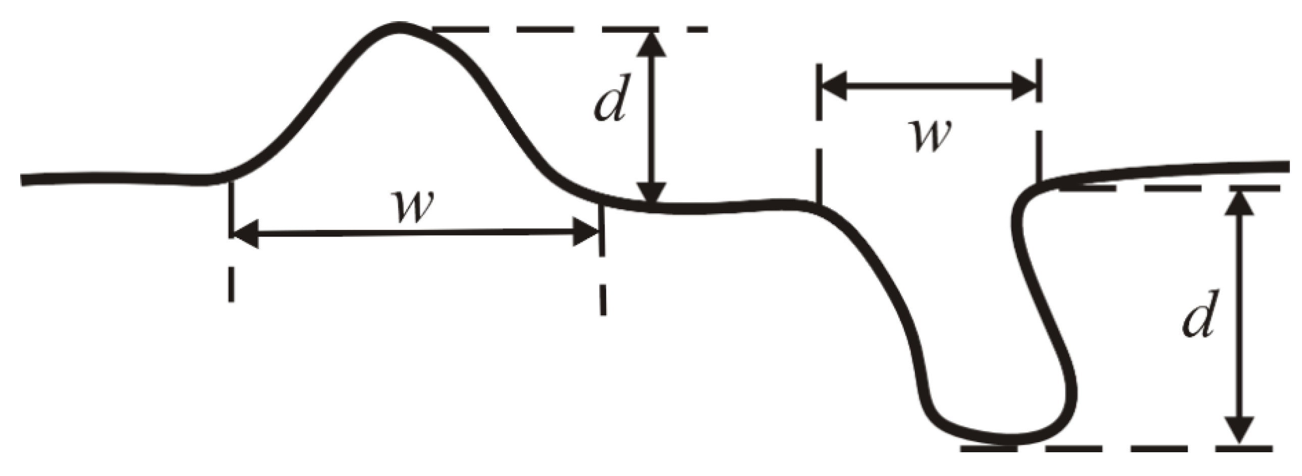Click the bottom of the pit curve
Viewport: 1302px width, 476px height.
[x=1006, y=441]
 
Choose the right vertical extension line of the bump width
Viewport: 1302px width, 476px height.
[x=602, y=263]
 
